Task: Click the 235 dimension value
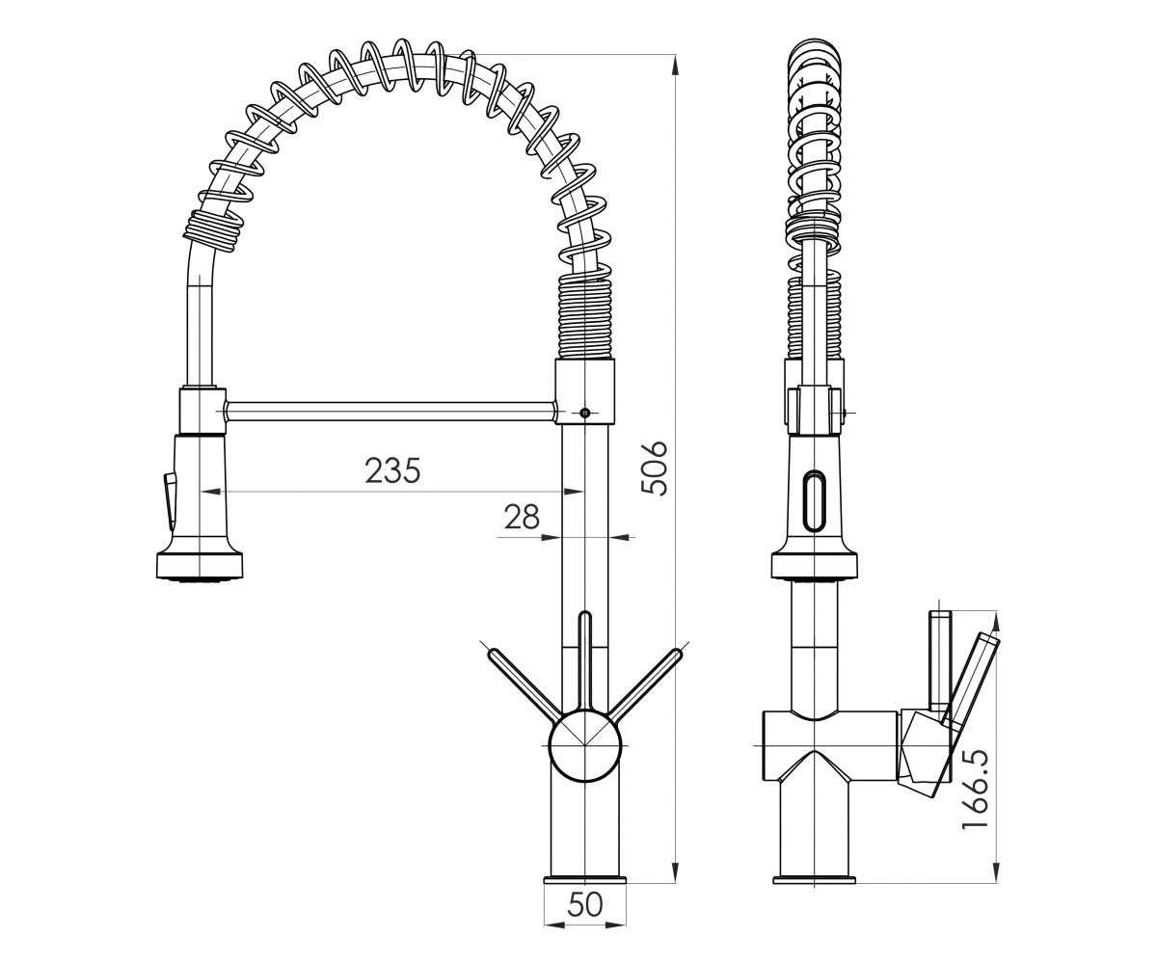pyautogui.click(x=392, y=470)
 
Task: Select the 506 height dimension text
pyautogui.click(x=655, y=468)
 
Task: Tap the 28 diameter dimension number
pyautogui.click(x=522, y=517)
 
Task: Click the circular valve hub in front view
pyautogui.click(x=585, y=746)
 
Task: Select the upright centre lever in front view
pyautogui.click(x=585, y=661)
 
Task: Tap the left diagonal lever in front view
pyautogui.click(x=524, y=685)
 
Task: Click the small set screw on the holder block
pyautogui.click(x=585, y=413)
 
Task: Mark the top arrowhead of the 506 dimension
pyautogui.click(x=674, y=66)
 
